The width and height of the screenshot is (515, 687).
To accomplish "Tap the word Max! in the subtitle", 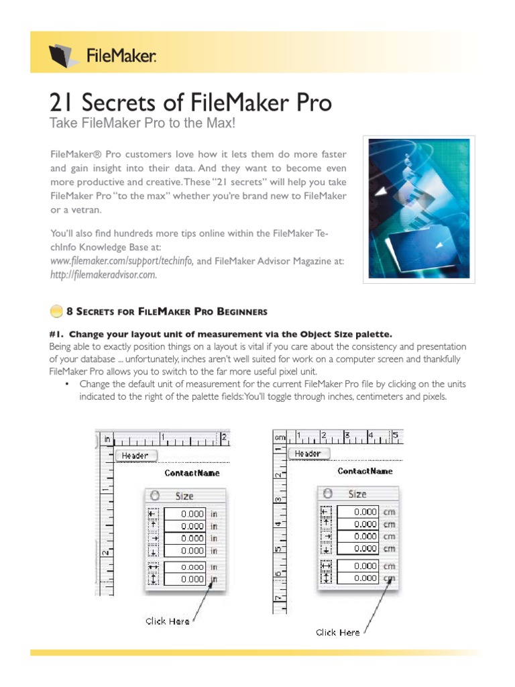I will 219,124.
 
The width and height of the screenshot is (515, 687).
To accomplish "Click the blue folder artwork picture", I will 419,207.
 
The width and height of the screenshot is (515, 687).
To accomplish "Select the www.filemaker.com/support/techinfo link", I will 122,261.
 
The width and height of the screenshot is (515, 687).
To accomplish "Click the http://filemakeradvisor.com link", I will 103,274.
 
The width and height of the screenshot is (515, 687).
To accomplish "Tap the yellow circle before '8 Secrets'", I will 56,311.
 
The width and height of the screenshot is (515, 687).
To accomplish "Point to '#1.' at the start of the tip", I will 56,333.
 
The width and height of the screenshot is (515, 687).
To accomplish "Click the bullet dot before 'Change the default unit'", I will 67,384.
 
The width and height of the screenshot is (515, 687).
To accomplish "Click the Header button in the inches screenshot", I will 135,456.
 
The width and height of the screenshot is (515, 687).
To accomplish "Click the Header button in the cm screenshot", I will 308,454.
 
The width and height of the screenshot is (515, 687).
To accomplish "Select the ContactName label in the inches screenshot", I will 192,473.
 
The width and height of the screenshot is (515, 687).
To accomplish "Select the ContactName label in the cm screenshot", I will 365,471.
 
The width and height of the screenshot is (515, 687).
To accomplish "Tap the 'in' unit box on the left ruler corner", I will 107,439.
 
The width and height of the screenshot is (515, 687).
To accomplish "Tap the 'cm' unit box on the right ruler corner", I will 280,437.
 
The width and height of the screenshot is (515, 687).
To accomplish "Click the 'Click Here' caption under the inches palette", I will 168,621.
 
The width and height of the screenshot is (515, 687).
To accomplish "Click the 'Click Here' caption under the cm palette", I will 337,632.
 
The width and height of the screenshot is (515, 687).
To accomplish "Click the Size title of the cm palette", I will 357,494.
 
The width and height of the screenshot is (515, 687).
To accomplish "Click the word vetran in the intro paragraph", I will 88,211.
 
